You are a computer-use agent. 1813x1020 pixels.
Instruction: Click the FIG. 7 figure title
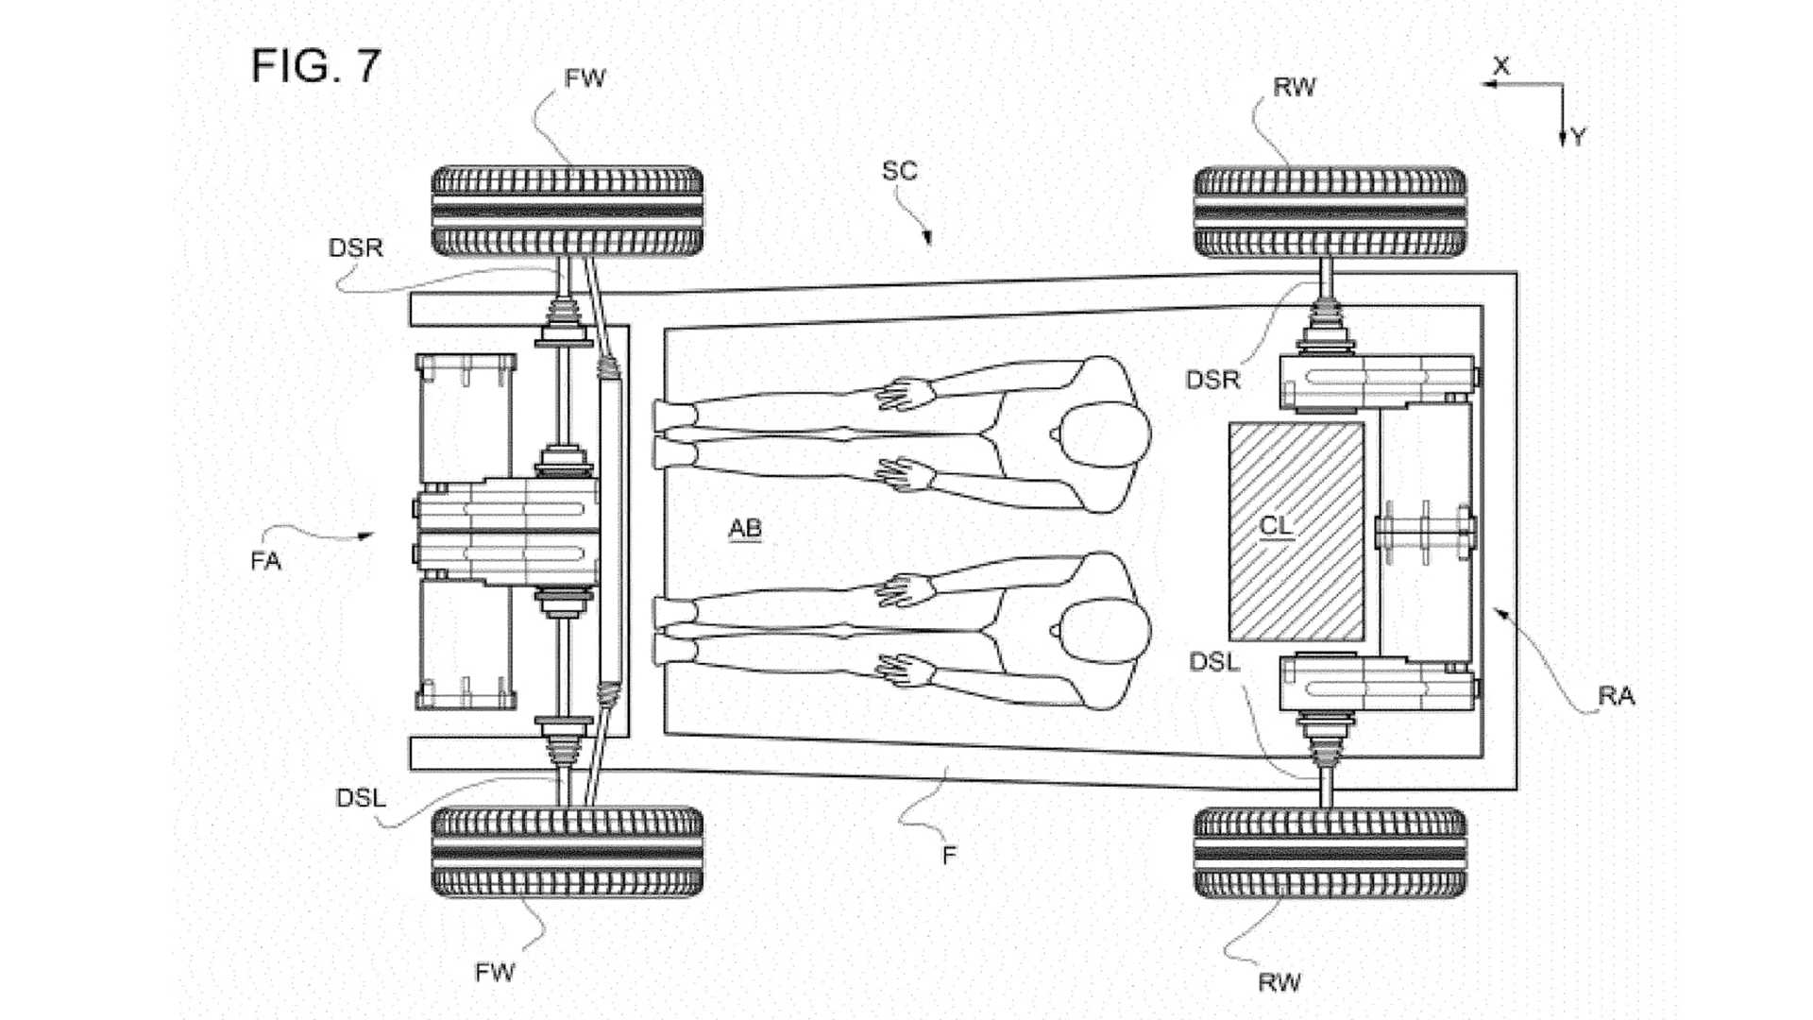(x=315, y=66)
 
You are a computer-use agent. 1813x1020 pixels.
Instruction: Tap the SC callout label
(x=899, y=171)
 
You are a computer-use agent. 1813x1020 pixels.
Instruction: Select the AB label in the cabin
(x=745, y=528)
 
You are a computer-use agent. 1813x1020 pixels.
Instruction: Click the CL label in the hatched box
(x=1276, y=525)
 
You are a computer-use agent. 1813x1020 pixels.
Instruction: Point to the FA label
(x=266, y=561)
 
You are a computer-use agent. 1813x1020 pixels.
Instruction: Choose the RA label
(x=1616, y=696)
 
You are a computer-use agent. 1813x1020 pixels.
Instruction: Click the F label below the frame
(x=949, y=855)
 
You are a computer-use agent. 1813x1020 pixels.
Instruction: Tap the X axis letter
(x=1501, y=66)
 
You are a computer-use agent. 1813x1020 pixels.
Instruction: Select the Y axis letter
(x=1578, y=137)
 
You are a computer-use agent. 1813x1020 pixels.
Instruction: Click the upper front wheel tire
(x=567, y=212)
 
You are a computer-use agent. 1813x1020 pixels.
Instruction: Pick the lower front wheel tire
(x=567, y=852)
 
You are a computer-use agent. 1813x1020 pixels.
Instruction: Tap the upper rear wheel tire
(x=1330, y=212)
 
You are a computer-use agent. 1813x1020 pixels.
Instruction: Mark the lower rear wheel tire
(x=1330, y=852)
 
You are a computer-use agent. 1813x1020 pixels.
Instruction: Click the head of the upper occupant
(x=1103, y=434)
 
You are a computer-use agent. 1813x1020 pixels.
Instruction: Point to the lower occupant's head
(x=1103, y=630)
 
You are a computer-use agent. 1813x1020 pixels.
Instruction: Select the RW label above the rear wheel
(x=1294, y=88)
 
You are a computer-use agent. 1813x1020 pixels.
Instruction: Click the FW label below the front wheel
(x=495, y=972)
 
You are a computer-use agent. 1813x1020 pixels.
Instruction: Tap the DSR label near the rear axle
(x=1212, y=380)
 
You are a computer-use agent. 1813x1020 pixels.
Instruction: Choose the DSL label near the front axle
(x=361, y=798)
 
